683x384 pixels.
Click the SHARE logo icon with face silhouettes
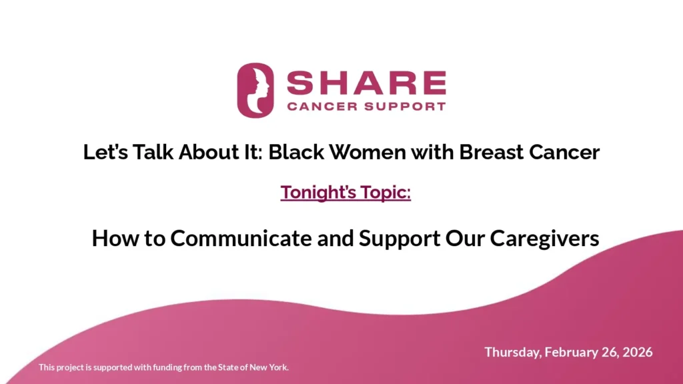pos(255,90)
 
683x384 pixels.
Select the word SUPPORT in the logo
pos(408,106)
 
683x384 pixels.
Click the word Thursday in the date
pos(512,352)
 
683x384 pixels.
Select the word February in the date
pos(572,352)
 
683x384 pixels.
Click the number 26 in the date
pos(610,352)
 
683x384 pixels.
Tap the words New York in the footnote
pos(271,367)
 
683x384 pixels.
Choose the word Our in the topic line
pos(464,238)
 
